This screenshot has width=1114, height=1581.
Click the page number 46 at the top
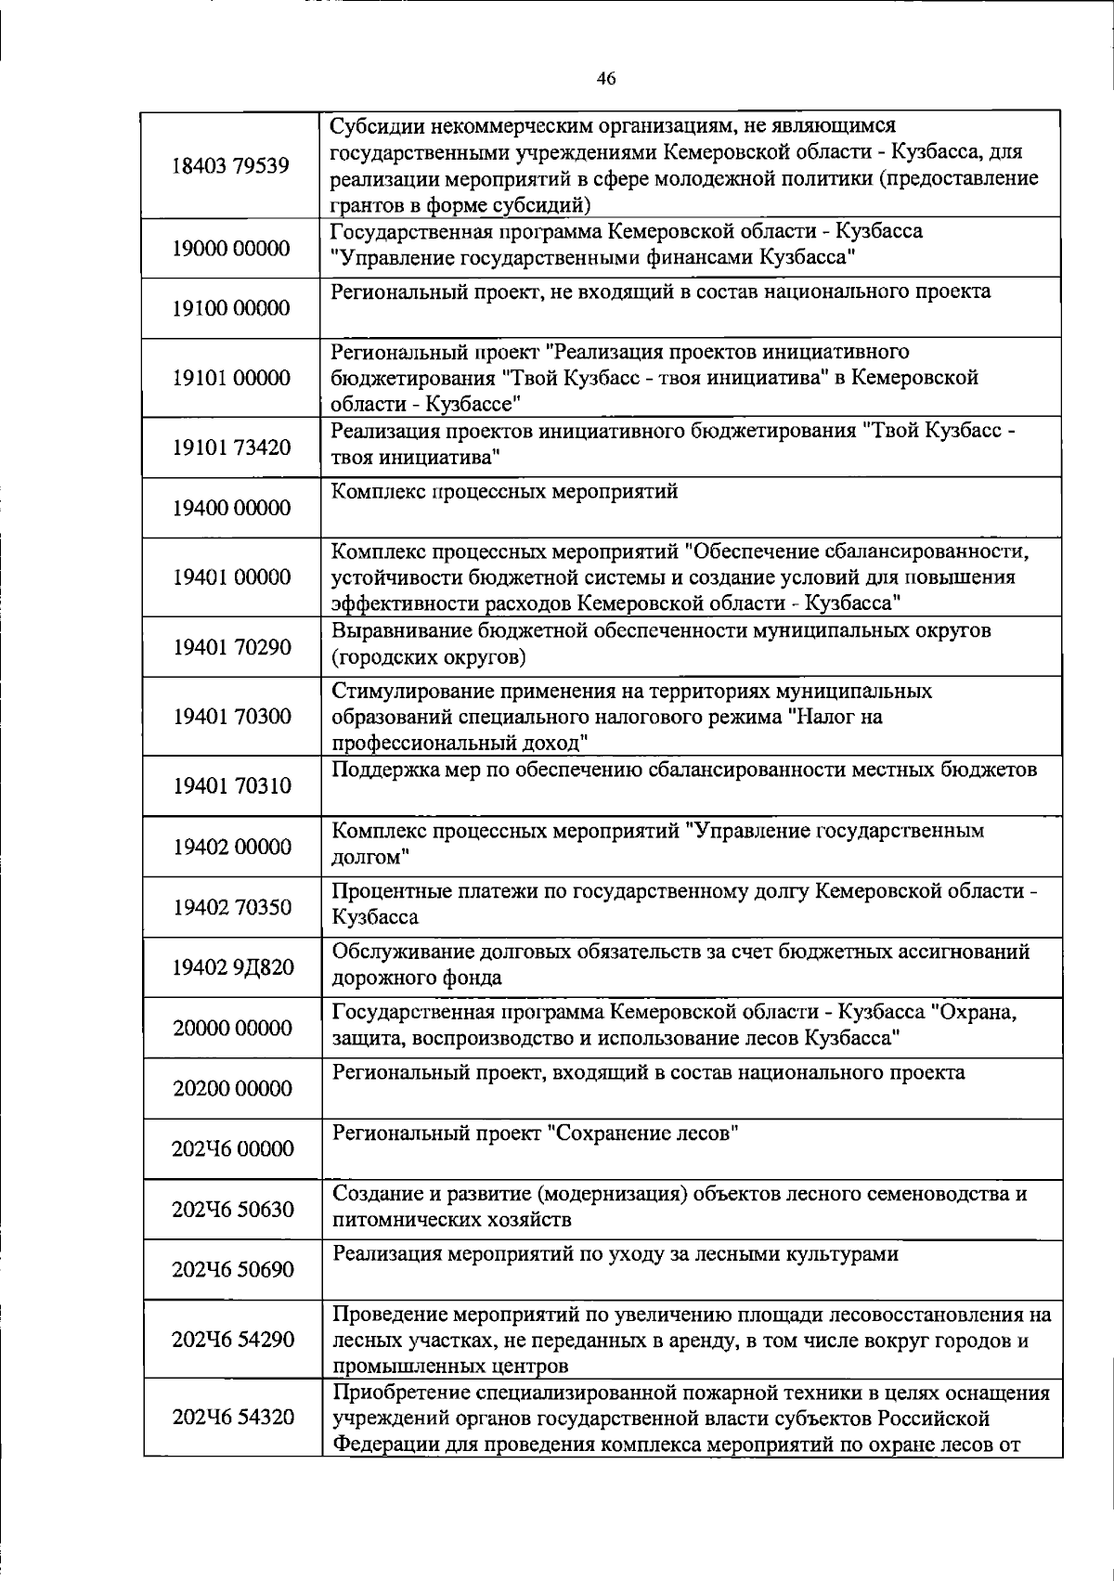pyautogui.click(x=606, y=79)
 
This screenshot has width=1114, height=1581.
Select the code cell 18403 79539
pyautogui.click(x=231, y=166)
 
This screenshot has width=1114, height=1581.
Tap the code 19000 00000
pyautogui.click(x=231, y=248)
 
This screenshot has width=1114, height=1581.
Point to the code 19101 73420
pyautogui.click(x=231, y=447)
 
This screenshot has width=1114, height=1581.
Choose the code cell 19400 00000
pyautogui.click(x=231, y=508)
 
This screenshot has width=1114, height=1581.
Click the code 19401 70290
pyautogui.click(x=231, y=647)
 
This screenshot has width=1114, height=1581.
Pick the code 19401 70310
pyautogui.click(x=231, y=786)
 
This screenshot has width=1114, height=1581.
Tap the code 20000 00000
pyautogui.click(x=231, y=1028)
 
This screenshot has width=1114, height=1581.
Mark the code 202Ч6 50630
pyautogui.click(x=233, y=1209)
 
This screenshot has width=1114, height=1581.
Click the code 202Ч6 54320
pyautogui.click(x=233, y=1417)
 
